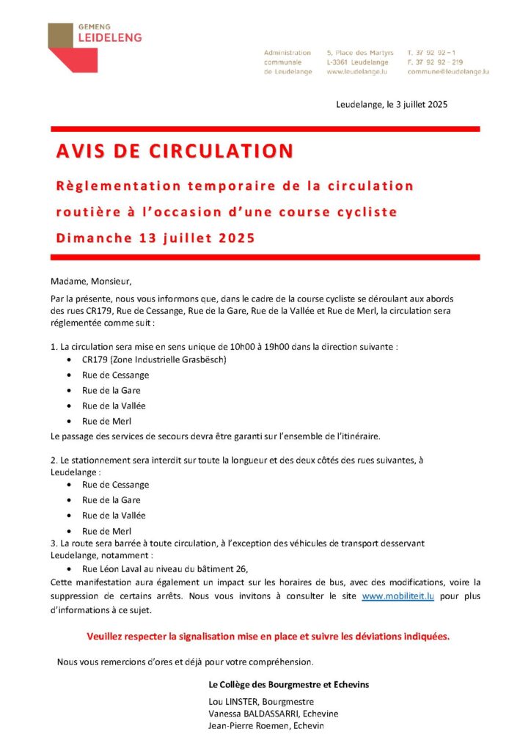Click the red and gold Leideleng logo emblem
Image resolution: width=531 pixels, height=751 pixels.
click(x=72, y=48)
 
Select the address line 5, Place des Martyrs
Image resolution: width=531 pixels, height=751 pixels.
click(x=360, y=53)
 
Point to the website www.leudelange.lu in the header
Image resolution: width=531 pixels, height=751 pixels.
click(x=358, y=72)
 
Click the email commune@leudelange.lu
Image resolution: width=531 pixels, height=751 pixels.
click(x=448, y=72)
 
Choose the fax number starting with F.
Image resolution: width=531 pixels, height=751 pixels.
click(x=435, y=62)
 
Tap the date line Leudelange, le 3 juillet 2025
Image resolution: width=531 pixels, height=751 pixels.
click(x=392, y=104)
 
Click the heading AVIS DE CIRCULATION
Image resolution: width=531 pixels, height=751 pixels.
click(x=175, y=151)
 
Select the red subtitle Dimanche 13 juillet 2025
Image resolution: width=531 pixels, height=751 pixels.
click(x=155, y=238)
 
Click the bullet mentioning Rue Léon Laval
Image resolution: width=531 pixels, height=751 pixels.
click(x=165, y=568)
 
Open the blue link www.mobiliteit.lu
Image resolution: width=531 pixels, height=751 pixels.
click(x=398, y=596)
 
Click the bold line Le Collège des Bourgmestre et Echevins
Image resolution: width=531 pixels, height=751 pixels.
click(x=289, y=684)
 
